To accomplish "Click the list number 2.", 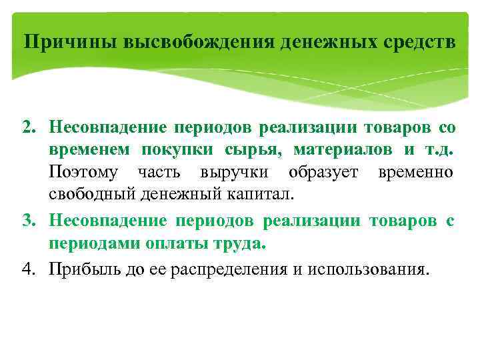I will pos(30,127).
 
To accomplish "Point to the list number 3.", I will pos(30,221).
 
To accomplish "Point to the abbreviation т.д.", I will pos(437,150).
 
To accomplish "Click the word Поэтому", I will pos(83,173).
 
